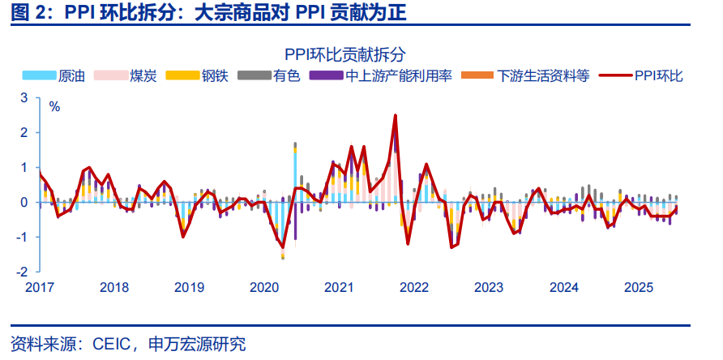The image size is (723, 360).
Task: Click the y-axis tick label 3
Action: (x=24, y=97)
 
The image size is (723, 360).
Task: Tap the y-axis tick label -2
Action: (x=22, y=272)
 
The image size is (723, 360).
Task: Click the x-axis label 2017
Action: (x=39, y=287)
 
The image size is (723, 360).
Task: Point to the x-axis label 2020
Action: (x=263, y=287)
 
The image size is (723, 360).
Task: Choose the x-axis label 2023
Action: (x=489, y=287)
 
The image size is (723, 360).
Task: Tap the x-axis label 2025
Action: (x=639, y=287)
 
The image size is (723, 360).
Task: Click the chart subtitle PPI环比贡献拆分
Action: (x=361, y=54)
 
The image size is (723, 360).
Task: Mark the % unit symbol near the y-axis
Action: (x=55, y=106)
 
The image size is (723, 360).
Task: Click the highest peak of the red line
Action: (x=395, y=115)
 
